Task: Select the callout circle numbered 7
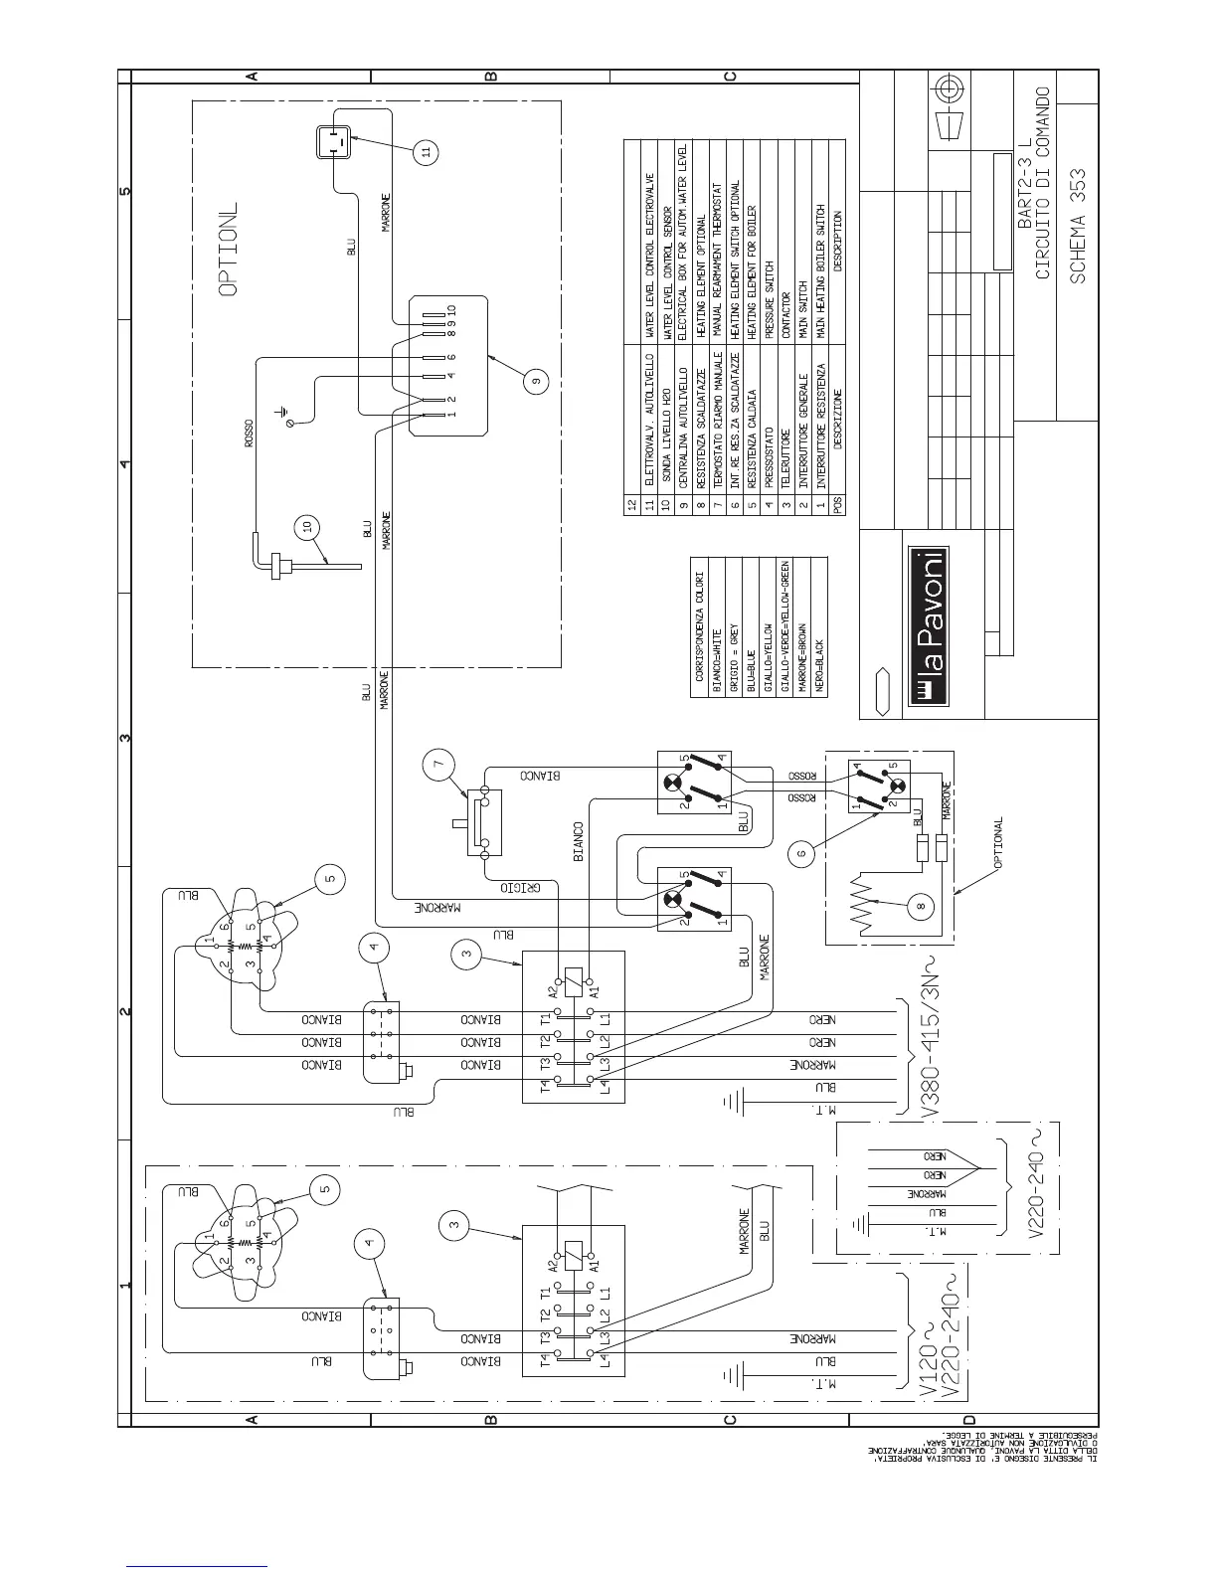[442, 765]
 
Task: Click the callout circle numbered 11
[425, 151]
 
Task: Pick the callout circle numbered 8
[921, 905]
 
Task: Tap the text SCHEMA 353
[1079, 225]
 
